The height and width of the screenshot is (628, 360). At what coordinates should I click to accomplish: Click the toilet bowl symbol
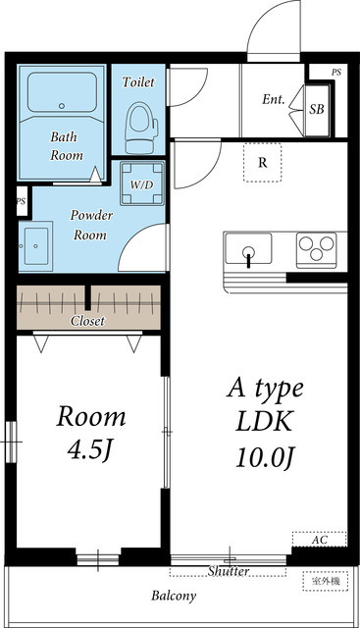(141, 128)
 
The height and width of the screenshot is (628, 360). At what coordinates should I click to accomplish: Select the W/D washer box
(142, 183)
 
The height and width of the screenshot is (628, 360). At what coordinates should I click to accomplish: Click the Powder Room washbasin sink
(35, 246)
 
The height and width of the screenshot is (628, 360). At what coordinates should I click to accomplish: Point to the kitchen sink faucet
(249, 256)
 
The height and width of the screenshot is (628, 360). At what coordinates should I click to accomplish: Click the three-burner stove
(317, 250)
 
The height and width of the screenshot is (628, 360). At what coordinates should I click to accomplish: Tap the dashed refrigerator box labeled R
(262, 162)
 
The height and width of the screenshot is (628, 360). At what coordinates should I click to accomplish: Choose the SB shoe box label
(317, 109)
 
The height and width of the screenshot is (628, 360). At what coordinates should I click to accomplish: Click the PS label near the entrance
(336, 73)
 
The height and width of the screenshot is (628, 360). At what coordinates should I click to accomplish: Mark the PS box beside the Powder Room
(22, 201)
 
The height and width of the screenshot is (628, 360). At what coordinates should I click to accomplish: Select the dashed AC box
(319, 539)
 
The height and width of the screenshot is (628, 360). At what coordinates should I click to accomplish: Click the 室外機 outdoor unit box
(326, 581)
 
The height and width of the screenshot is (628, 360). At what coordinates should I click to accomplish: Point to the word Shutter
(229, 571)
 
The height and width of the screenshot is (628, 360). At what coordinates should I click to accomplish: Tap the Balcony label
(174, 596)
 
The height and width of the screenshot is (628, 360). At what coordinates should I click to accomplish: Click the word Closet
(87, 321)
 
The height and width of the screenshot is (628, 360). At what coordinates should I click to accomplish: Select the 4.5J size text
(89, 450)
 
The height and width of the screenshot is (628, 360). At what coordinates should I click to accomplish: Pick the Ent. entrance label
(274, 99)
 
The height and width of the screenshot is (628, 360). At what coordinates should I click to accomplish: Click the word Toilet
(138, 81)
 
